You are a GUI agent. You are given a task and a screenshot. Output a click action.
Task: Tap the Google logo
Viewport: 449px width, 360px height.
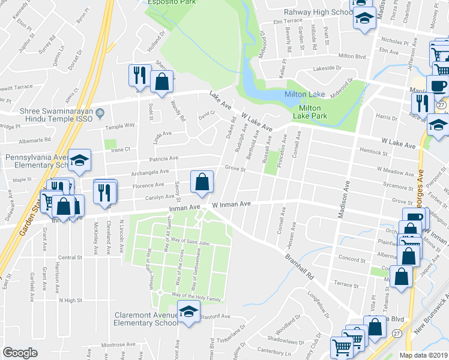(x=20, y=353)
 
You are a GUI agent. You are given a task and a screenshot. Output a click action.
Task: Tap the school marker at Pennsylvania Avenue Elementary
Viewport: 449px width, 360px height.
(x=79, y=160)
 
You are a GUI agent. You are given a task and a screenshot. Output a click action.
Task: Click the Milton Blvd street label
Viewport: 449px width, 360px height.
(x=352, y=56)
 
